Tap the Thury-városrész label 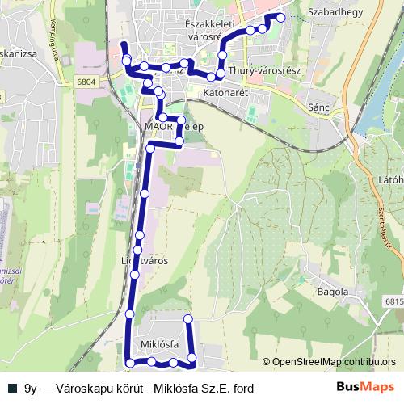(264, 71)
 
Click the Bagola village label (333, 292)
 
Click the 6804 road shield (87, 82)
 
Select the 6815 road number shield (392, 301)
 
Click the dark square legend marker (11, 388)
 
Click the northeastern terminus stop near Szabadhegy (280, 17)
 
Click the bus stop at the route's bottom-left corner (130, 365)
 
